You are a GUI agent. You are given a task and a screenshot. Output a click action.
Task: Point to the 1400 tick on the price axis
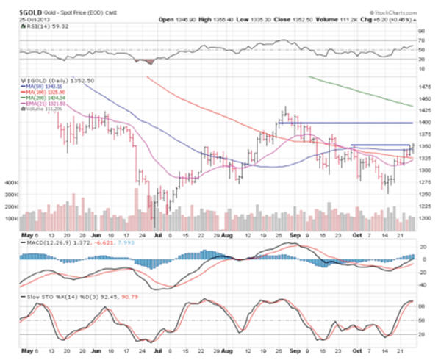pyautogui.click(x=425, y=122)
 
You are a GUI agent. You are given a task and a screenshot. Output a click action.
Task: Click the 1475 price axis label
pyautogui.click(x=425, y=86)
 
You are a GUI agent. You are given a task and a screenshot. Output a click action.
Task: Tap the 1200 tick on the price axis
pyautogui.click(x=425, y=218)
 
